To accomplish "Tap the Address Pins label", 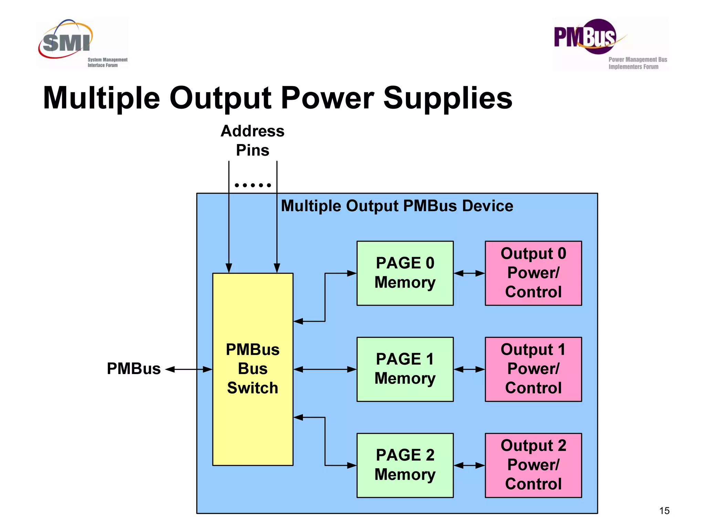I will pyautogui.click(x=252, y=140).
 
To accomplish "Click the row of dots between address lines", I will pyautogui.click(x=253, y=185).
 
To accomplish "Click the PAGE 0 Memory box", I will pyautogui.click(x=405, y=273).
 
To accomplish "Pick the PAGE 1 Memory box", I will pyautogui.click(x=405, y=369).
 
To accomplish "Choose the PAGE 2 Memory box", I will pyautogui.click(x=405, y=465).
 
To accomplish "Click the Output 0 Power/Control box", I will pyautogui.click(x=533, y=273).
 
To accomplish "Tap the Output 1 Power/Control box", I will pyautogui.click(x=533, y=369).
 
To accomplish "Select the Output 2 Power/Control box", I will pyautogui.click(x=533, y=465).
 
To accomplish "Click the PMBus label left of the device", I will pyautogui.click(x=134, y=369).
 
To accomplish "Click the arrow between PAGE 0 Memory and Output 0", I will pyautogui.click(x=469, y=273).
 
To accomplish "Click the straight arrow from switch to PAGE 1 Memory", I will pyautogui.click(x=325, y=370).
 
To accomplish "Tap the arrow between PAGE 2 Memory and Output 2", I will pyautogui.click(x=469, y=465).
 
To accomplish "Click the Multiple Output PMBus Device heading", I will pyautogui.click(x=397, y=206).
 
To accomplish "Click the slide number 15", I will pyautogui.click(x=664, y=510).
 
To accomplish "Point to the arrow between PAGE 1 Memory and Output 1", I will pyautogui.click(x=469, y=370).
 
